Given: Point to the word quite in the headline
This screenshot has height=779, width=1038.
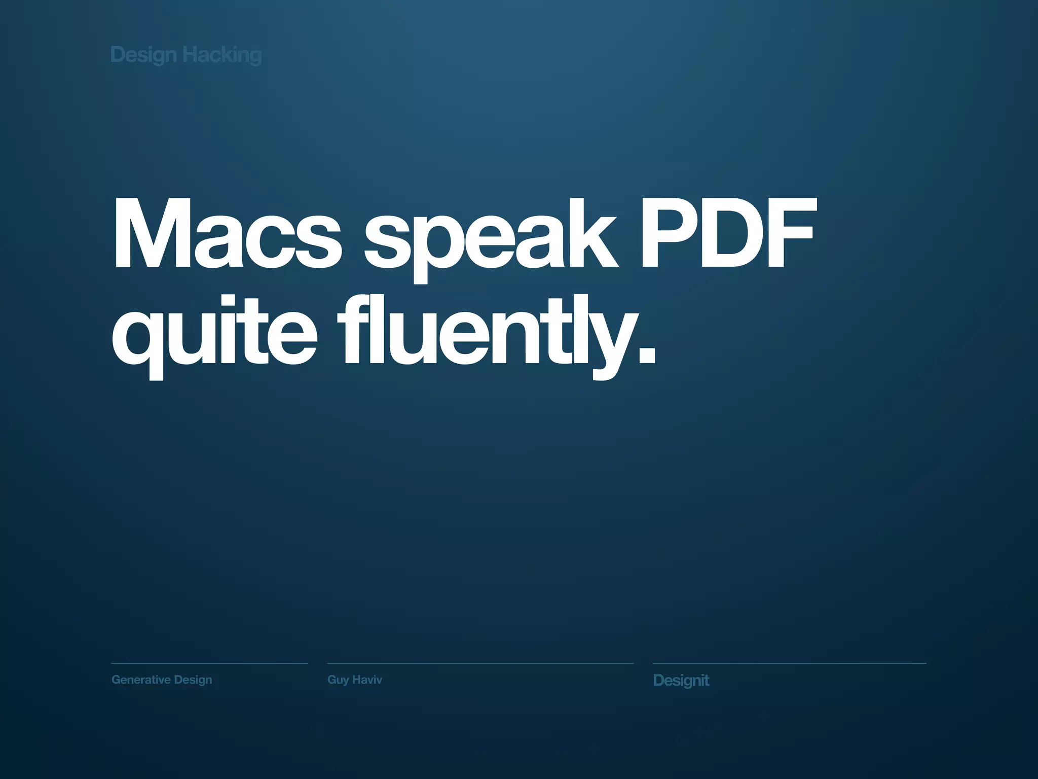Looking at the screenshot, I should pyautogui.click(x=214, y=332).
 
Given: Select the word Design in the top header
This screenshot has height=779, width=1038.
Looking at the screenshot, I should pyautogui.click(x=143, y=55).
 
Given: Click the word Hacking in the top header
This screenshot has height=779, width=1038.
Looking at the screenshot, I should pyautogui.click(x=221, y=55).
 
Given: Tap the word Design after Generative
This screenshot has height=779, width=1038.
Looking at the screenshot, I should pyautogui.click(x=193, y=680).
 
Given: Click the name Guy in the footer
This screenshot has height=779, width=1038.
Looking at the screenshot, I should pyautogui.click(x=338, y=680).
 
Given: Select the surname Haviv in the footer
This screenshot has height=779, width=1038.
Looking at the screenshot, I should pyautogui.click(x=367, y=680).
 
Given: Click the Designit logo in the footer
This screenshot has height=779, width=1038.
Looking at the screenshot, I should pyautogui.click(x=681, y=680).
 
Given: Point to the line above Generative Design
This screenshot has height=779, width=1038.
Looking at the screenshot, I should pyautogui.click(x=209, y=663).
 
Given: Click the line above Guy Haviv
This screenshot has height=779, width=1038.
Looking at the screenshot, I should pyautogui.click(x=480, y=663).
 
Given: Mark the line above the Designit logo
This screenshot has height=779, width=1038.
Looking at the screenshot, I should pyautogui.click(x=789, y=663).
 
